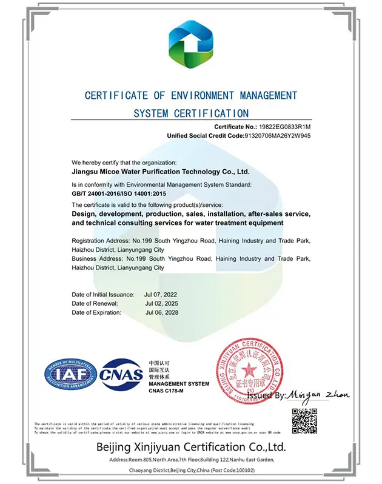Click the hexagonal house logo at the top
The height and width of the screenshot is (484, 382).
[191, 44]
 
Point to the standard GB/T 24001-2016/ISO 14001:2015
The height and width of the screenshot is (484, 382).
[118, 193]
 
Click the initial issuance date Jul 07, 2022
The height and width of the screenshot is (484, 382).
[161, 294]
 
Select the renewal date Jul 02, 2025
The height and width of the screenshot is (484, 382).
[161, 303]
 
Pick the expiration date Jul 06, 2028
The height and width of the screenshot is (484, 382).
[161, 312]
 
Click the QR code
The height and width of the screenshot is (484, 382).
[304, 421]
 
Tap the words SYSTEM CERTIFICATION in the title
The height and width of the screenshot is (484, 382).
[191, 113]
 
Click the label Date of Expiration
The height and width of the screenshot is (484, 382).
[96, 312]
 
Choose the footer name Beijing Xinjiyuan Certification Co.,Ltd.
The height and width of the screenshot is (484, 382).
[191, 448]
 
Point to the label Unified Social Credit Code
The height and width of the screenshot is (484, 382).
[199, 136]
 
